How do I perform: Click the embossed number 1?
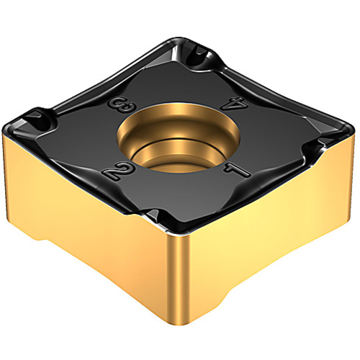pos(237,170)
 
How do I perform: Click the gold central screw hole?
pos(178,138)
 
